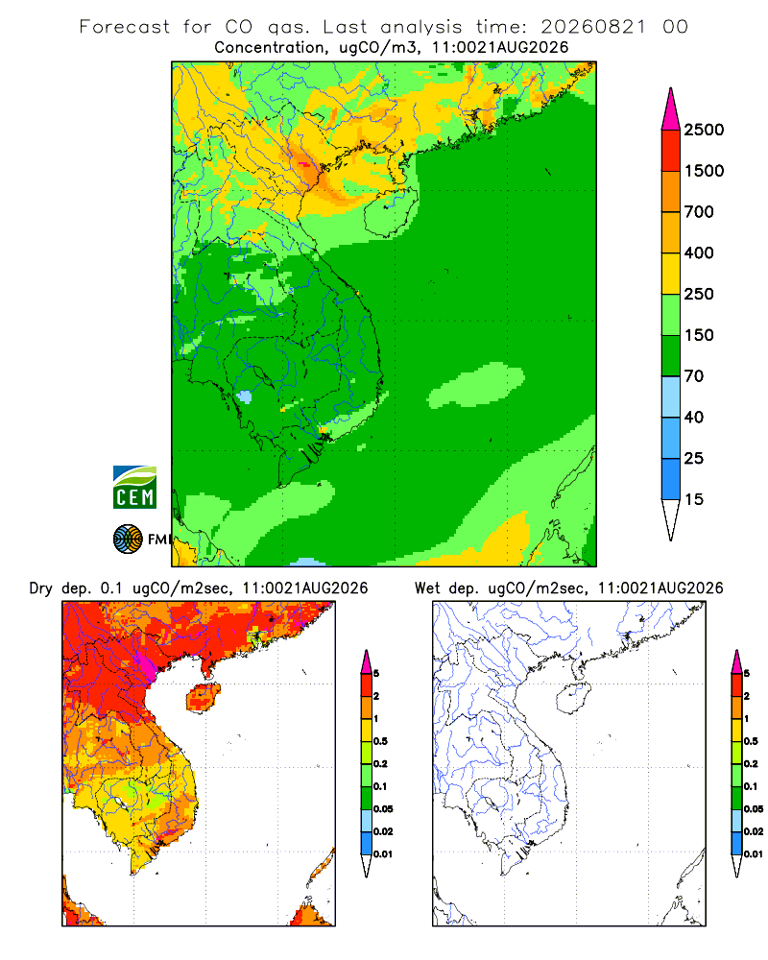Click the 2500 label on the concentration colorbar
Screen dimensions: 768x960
pos(704,130)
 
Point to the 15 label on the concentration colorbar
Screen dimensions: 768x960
pos(694,499)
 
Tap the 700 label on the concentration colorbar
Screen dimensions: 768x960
pos(699,212)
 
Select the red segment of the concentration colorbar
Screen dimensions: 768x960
pos(671,151)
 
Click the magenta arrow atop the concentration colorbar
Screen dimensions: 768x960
pos(671,110)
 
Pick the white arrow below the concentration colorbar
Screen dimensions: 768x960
pos(671,519)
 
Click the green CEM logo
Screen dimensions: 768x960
pos(134,488)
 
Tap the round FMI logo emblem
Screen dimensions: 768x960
pos(128,540)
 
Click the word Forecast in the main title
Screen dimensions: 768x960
pos(125,27)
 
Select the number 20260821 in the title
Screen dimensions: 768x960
pos(593,27)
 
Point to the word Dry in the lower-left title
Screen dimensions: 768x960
pos(41,588)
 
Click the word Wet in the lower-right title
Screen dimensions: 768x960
pos(427,588)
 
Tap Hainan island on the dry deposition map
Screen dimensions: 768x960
pos(204,699)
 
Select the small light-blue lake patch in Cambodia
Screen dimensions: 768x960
pos(245,396)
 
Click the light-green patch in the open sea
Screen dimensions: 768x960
pos(476,386)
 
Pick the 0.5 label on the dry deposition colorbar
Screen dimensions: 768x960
pos(380,741)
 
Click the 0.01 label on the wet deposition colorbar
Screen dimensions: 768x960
pos(754,854)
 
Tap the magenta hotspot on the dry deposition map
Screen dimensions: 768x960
pos(147,663)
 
